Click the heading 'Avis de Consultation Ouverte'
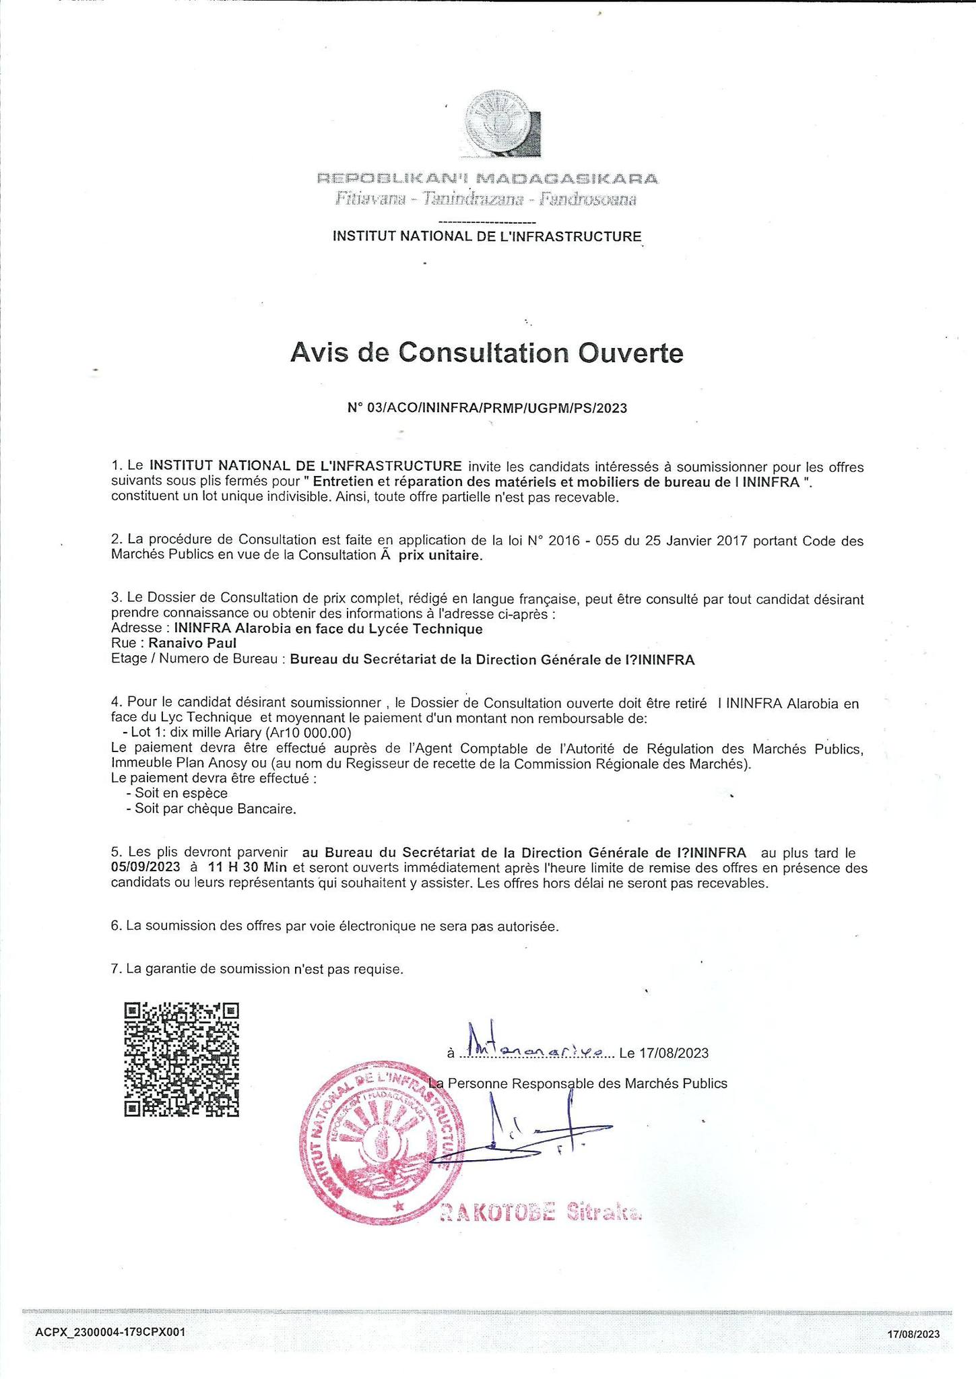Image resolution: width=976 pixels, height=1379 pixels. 486,353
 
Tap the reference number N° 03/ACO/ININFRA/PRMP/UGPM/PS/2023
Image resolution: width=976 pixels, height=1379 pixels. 487,408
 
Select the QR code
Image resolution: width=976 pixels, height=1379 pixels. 182,1060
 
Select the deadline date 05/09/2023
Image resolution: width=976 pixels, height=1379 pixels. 145,869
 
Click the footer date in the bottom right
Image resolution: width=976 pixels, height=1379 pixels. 913,1334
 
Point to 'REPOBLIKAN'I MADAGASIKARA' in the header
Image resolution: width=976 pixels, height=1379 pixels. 487,179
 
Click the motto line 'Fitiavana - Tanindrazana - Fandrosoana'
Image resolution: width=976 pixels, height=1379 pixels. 486,199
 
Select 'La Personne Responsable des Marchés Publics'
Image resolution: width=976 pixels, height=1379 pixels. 578,1083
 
